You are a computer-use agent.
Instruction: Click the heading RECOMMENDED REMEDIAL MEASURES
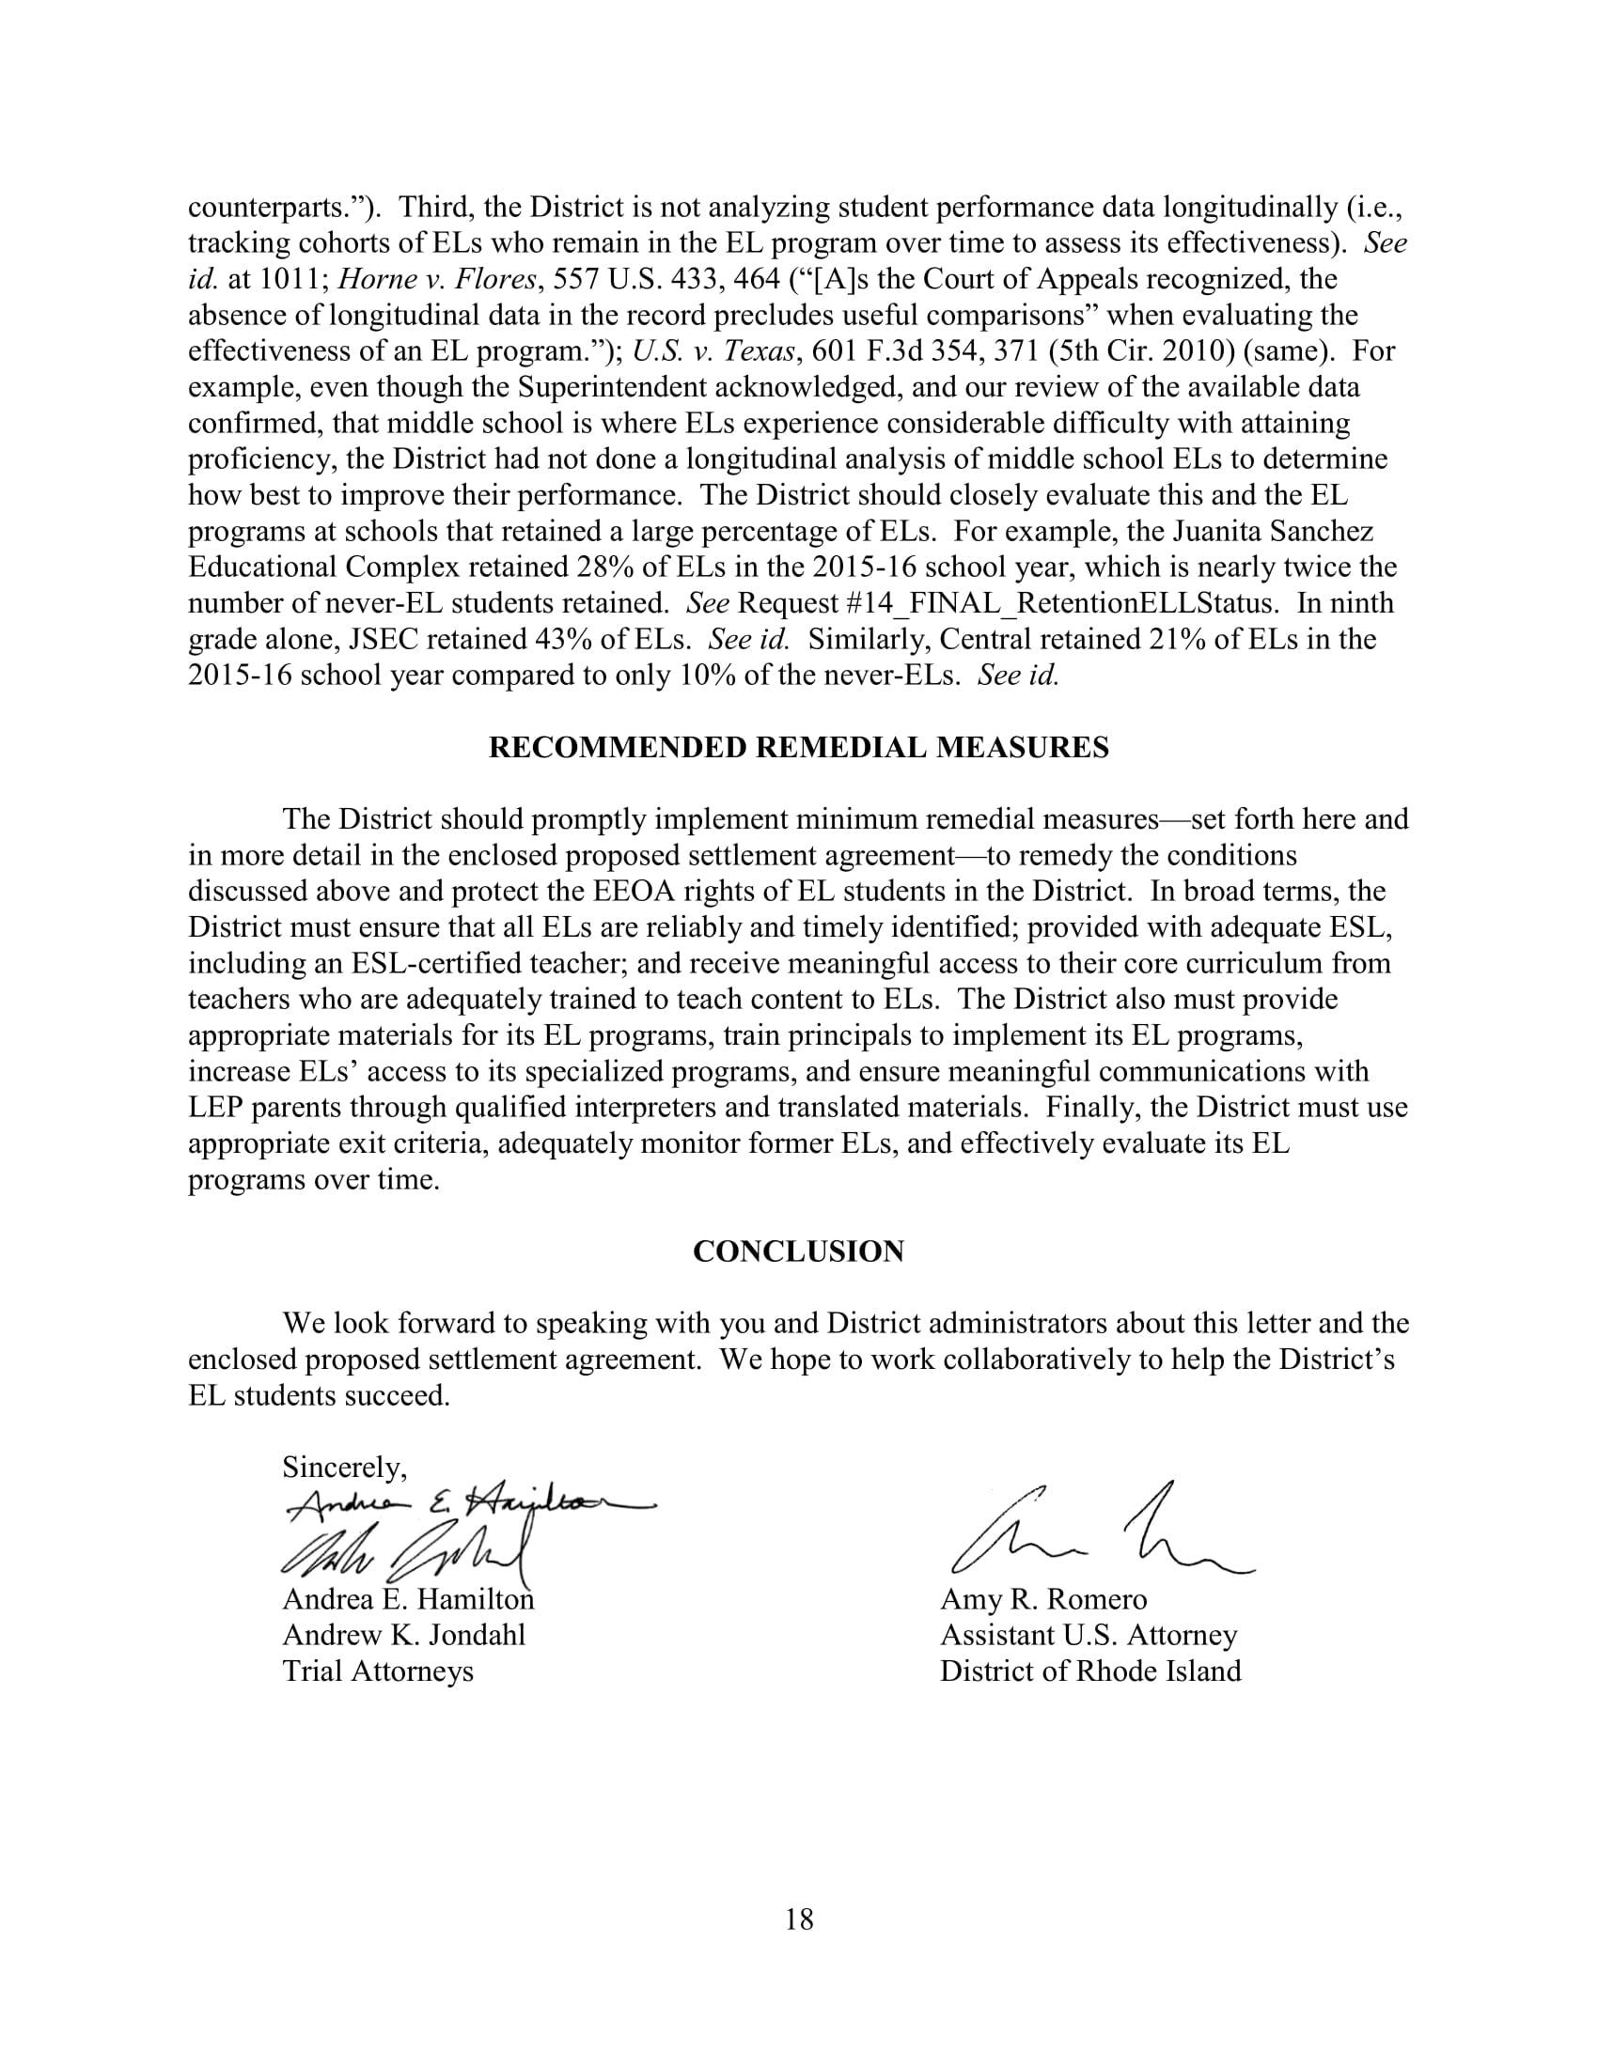tap(798, 749)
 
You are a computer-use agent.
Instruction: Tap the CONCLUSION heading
tap(798, 1252)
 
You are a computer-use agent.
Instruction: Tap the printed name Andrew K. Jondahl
tap(403, 1636)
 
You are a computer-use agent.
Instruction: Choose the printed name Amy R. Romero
tap(1043, 1599)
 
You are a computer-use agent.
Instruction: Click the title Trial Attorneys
tap(378, 1671)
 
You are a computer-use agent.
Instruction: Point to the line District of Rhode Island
tap(1089, 1671)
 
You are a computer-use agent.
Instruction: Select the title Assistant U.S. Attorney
tap(1088, 1636)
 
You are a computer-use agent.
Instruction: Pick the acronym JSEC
tap(384, 640)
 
